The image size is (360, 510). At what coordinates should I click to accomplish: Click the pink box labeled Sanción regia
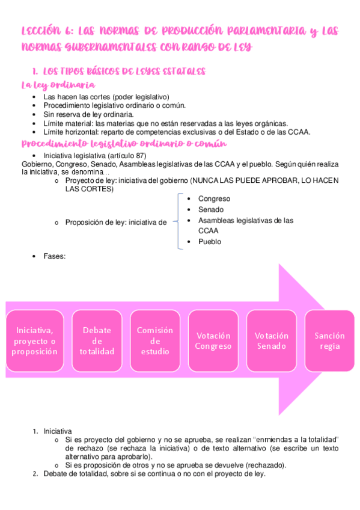coord(329,341)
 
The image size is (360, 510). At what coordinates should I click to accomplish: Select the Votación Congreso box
coord(213,341)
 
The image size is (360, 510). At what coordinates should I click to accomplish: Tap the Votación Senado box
coord(271,341)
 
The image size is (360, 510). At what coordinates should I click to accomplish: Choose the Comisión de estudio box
coord(154,341)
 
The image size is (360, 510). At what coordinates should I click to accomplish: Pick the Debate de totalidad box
coord(97,341)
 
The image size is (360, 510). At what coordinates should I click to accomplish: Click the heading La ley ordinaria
coord(57,85)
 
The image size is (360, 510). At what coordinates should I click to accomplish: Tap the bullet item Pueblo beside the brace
coord(210,242)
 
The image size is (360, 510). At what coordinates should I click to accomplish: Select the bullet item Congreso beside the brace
coord(214,198)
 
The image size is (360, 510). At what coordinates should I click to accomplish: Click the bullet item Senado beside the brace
coord(210,209)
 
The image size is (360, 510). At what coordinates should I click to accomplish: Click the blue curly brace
coord(178,221)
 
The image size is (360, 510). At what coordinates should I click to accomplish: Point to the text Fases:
coord(54,256)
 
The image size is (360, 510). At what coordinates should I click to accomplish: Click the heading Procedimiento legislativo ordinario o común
coord(123,144)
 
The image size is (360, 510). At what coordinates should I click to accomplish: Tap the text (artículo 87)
coord(124,155)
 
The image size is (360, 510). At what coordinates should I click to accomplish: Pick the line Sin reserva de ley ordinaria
coord(88,114)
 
